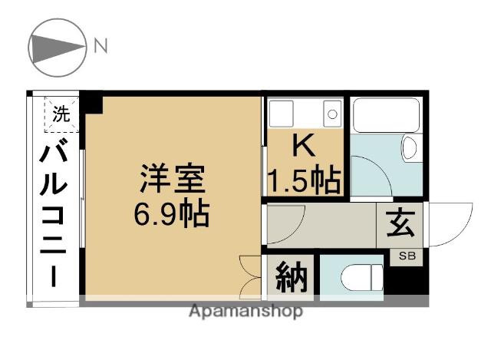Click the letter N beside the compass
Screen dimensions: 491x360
[x=101, y=46]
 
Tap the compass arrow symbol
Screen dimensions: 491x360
[x=56, y=48]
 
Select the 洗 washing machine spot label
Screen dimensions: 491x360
[x=61, y=114]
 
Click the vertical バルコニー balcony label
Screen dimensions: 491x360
[x=54, y=213]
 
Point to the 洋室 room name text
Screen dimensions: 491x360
[x=172, y=178]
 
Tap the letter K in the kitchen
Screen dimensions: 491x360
[x=304, y=145]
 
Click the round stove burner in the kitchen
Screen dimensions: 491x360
[x=332, y=114]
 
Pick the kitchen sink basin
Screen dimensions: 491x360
[x=282, y=114]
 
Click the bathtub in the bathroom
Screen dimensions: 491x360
[x=387, y=116]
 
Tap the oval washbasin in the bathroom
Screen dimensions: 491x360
[x=409, y=148]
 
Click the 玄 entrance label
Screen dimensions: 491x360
[x=400, y=224]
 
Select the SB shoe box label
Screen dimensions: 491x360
[x=407, y=256]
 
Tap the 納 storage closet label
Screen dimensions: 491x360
[x=291, y=276]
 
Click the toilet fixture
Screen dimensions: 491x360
[x=361, y=278]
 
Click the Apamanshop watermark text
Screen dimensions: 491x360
[x=245, y=311]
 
